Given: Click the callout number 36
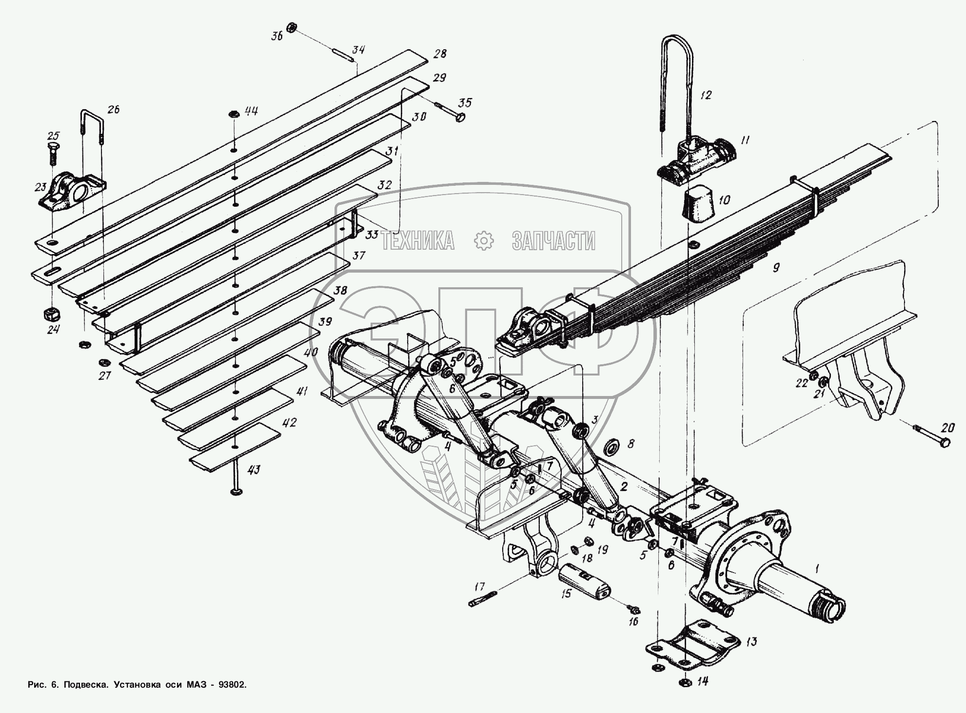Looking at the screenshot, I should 277,38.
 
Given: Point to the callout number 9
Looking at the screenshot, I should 776,267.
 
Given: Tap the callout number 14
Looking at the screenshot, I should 702,681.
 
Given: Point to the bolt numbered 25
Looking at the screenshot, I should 52,152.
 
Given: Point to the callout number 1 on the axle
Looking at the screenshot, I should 817,568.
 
